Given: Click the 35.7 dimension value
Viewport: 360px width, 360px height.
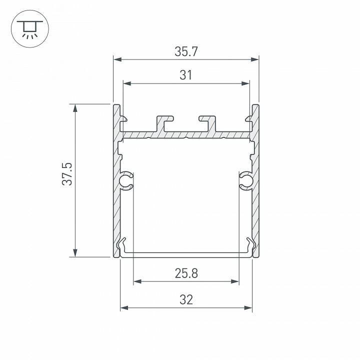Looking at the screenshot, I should [x=185, y=50].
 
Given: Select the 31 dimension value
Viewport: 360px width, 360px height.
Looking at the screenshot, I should [x=185, y=75].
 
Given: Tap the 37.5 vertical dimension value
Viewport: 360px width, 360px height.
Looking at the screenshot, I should [x=68, y=174].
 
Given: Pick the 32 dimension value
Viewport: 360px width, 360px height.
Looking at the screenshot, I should [x=186, y=299].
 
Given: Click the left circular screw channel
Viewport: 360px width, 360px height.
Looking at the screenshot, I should [x=126, y=180].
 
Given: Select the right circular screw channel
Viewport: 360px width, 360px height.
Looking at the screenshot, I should [x=245, y=180].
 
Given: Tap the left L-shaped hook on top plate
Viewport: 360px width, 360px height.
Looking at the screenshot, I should [x=165, y=123].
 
